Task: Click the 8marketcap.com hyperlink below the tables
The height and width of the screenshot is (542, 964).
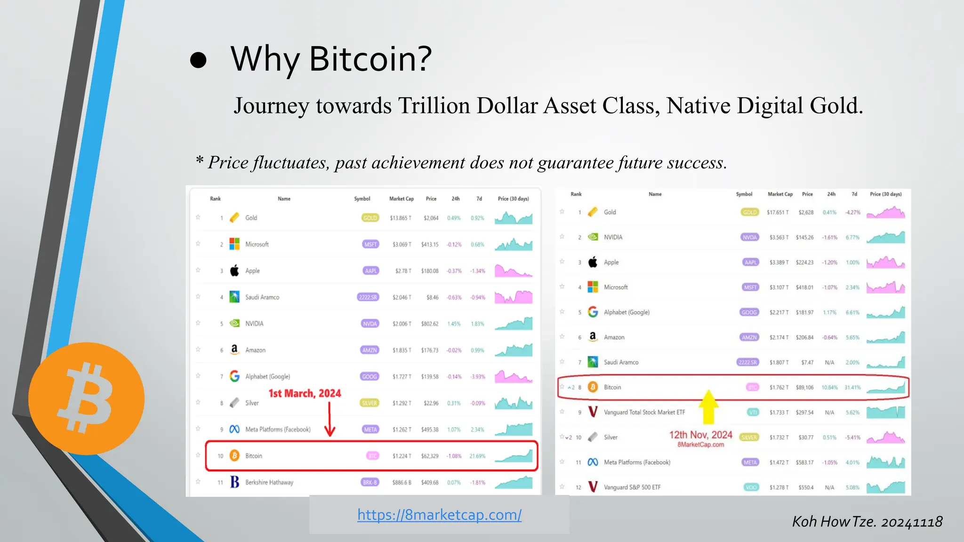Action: (439, 515)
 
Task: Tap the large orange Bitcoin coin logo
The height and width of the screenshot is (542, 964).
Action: (87, 399)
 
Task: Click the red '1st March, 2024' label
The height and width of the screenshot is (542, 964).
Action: (305, 393)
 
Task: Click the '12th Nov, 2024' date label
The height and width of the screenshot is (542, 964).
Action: (700, 435)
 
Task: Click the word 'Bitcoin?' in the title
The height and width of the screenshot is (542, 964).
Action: (370, 59)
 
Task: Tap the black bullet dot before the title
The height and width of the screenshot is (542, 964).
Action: (198, 60)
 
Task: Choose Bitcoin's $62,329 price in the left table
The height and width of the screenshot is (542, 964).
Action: (429, 456)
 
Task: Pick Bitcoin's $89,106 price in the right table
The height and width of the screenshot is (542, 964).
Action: (804, 388)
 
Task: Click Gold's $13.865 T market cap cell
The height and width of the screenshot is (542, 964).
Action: (400, 218)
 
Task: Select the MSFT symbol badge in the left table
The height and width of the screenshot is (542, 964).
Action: (370, 244)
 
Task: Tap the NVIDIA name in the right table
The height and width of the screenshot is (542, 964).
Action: (613, 237)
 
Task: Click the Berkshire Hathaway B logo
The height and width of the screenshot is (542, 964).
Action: (234, 482)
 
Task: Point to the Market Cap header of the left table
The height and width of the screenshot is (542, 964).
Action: (401, 199)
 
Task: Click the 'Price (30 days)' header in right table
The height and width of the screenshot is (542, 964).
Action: (885, 194)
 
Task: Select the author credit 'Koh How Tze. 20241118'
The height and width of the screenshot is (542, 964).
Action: (867, 522)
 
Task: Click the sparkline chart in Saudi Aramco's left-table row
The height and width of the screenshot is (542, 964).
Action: (513, 297)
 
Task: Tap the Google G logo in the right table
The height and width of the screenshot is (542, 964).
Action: (593, 312)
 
